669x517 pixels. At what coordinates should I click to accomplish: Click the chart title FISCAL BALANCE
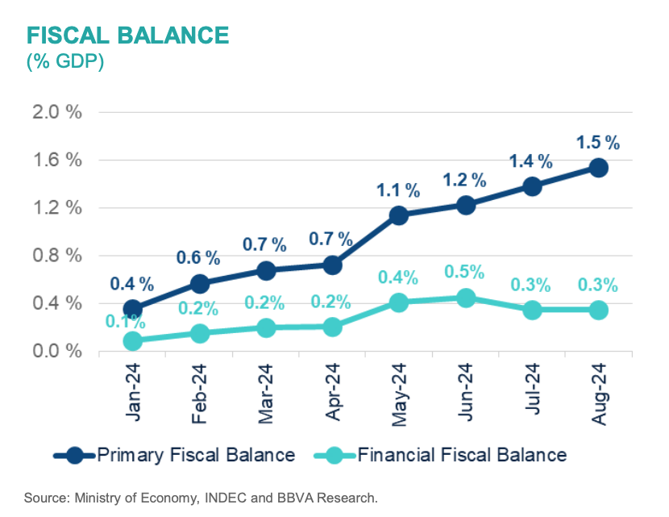click(x=127, y=35)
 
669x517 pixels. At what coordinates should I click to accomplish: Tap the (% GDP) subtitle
click(x=64, y=61)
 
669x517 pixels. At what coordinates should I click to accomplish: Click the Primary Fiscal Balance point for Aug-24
click(x=598, y=168)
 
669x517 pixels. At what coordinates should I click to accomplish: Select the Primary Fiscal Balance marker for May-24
click(x=398, y=215)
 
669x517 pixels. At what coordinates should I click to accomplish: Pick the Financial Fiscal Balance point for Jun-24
click(x=465, y=298)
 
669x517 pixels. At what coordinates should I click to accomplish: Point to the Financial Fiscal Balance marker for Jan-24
click(x=132, y=340)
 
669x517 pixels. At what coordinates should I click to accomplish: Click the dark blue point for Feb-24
click(x=199, y=283)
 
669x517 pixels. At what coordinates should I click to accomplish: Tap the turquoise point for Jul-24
click(x=532, y=310)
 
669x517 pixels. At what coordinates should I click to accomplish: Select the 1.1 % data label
click(x=398, y=191)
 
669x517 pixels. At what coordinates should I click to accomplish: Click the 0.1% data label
click(x=125, y=322)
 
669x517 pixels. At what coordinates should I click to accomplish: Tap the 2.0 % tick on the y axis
click(x=56, y=112)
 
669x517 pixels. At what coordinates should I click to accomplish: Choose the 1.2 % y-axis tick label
click(x=56, y=208)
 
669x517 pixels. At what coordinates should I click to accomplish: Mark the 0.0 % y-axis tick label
click(x=56, y=352)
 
